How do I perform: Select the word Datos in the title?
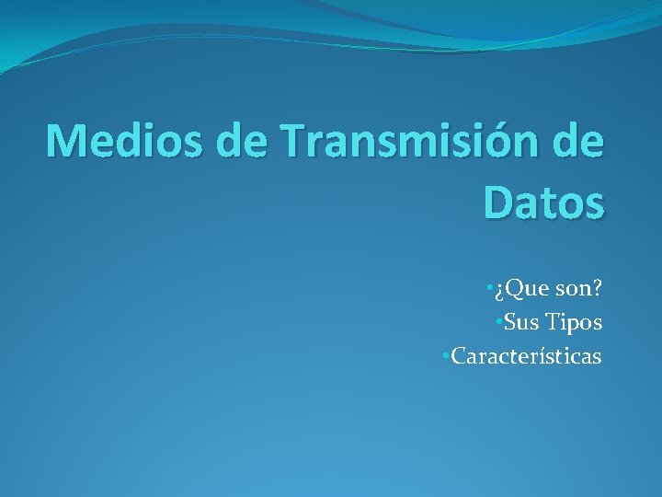tap(543, 202)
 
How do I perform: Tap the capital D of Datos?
tap(497, 202)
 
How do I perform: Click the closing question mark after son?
tap(598, 290)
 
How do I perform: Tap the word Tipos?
tap(574, 323)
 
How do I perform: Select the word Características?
tap(526, 355)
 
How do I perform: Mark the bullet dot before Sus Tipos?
tap(497, 323)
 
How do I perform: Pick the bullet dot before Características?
tap(445, 355)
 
